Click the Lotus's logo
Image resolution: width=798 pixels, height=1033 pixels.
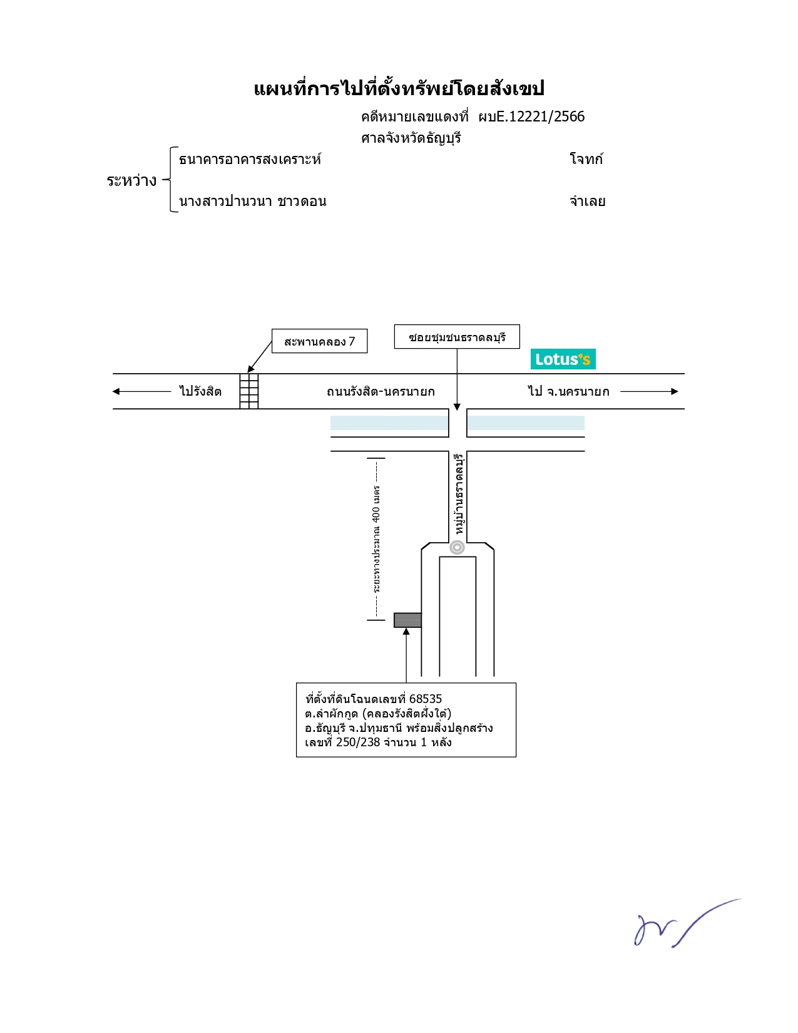pos(563,359)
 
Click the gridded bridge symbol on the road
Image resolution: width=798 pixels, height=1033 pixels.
pos(248,391)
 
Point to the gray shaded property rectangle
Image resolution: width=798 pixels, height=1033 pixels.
pos(407,620)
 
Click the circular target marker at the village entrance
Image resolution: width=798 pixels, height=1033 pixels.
pos(458,547)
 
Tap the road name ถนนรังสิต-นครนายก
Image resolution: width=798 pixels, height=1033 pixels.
pos(381,391)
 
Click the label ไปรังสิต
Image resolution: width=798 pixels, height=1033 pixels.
pos(200,391)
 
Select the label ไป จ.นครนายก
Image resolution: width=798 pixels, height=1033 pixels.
pos(568,391)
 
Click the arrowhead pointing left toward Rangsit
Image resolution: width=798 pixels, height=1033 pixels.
pos(116,391)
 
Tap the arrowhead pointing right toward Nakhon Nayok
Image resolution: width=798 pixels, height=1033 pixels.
pos(675,391)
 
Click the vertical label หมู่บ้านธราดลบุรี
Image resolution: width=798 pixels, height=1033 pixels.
pos(459,494)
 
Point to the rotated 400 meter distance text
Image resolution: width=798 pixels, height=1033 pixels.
pos(376,538)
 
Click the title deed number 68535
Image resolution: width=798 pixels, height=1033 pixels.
pos(426,699)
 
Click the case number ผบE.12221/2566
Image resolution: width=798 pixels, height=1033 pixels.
pos(531,116)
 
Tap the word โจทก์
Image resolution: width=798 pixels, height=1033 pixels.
pos(586,158)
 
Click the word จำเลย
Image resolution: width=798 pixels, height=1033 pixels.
pos(588,201)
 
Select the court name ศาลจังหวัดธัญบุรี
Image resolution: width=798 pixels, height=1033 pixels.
pos(411,138)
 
